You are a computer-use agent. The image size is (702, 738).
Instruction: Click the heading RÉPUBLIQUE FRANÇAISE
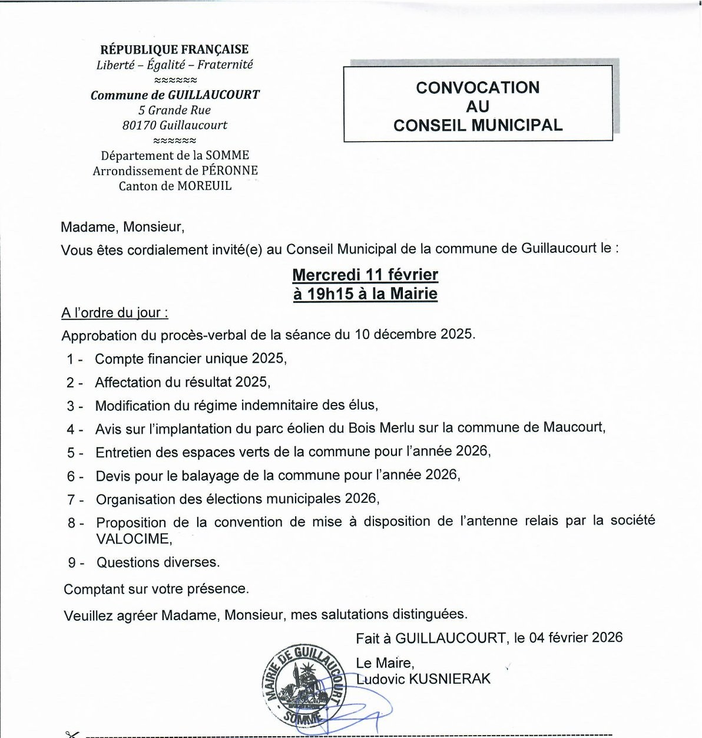coord(174,50)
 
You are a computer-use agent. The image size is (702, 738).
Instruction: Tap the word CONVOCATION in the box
coord(478,88)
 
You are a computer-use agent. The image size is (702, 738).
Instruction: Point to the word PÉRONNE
coord(230,171)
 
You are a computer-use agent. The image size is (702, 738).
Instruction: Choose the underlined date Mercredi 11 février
coord(365,275)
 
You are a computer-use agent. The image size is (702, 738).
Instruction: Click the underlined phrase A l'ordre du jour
coord(115,313)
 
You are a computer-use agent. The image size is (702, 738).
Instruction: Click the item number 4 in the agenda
coord(71,430)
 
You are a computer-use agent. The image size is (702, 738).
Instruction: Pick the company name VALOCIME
coord(134,539)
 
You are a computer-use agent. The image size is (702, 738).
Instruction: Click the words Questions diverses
coord(158,562)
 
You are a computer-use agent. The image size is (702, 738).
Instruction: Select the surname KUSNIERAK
coord(449,679)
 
